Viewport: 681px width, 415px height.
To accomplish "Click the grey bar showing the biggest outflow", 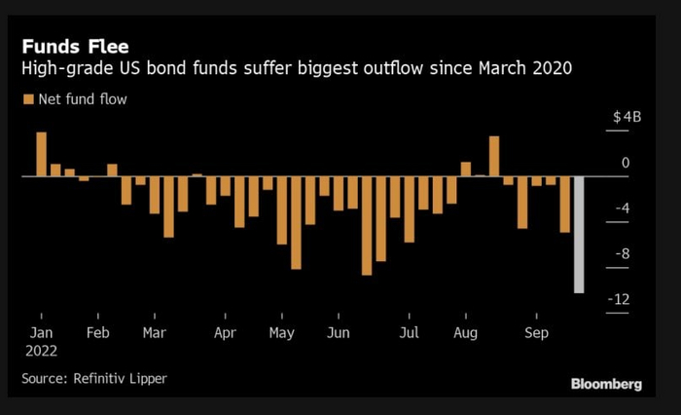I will coord(578,234).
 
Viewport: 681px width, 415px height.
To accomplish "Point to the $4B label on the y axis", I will coord(627,117).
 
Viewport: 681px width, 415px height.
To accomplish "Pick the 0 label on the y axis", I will coord(626,163).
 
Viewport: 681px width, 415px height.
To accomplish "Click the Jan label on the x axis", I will coord(41,331).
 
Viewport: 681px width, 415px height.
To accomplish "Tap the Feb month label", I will coord(98,331).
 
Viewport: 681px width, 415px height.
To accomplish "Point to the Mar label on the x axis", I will coord(154,331).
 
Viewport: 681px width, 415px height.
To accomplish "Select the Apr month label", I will coord(225,331).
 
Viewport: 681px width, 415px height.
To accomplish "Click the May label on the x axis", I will coord(282,331).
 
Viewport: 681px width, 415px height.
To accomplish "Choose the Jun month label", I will coord(339,331).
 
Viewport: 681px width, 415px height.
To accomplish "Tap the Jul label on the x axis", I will coord(409,331).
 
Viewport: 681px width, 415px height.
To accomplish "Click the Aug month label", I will coord(465,331).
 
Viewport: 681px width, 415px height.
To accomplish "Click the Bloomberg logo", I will coord(606,384).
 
